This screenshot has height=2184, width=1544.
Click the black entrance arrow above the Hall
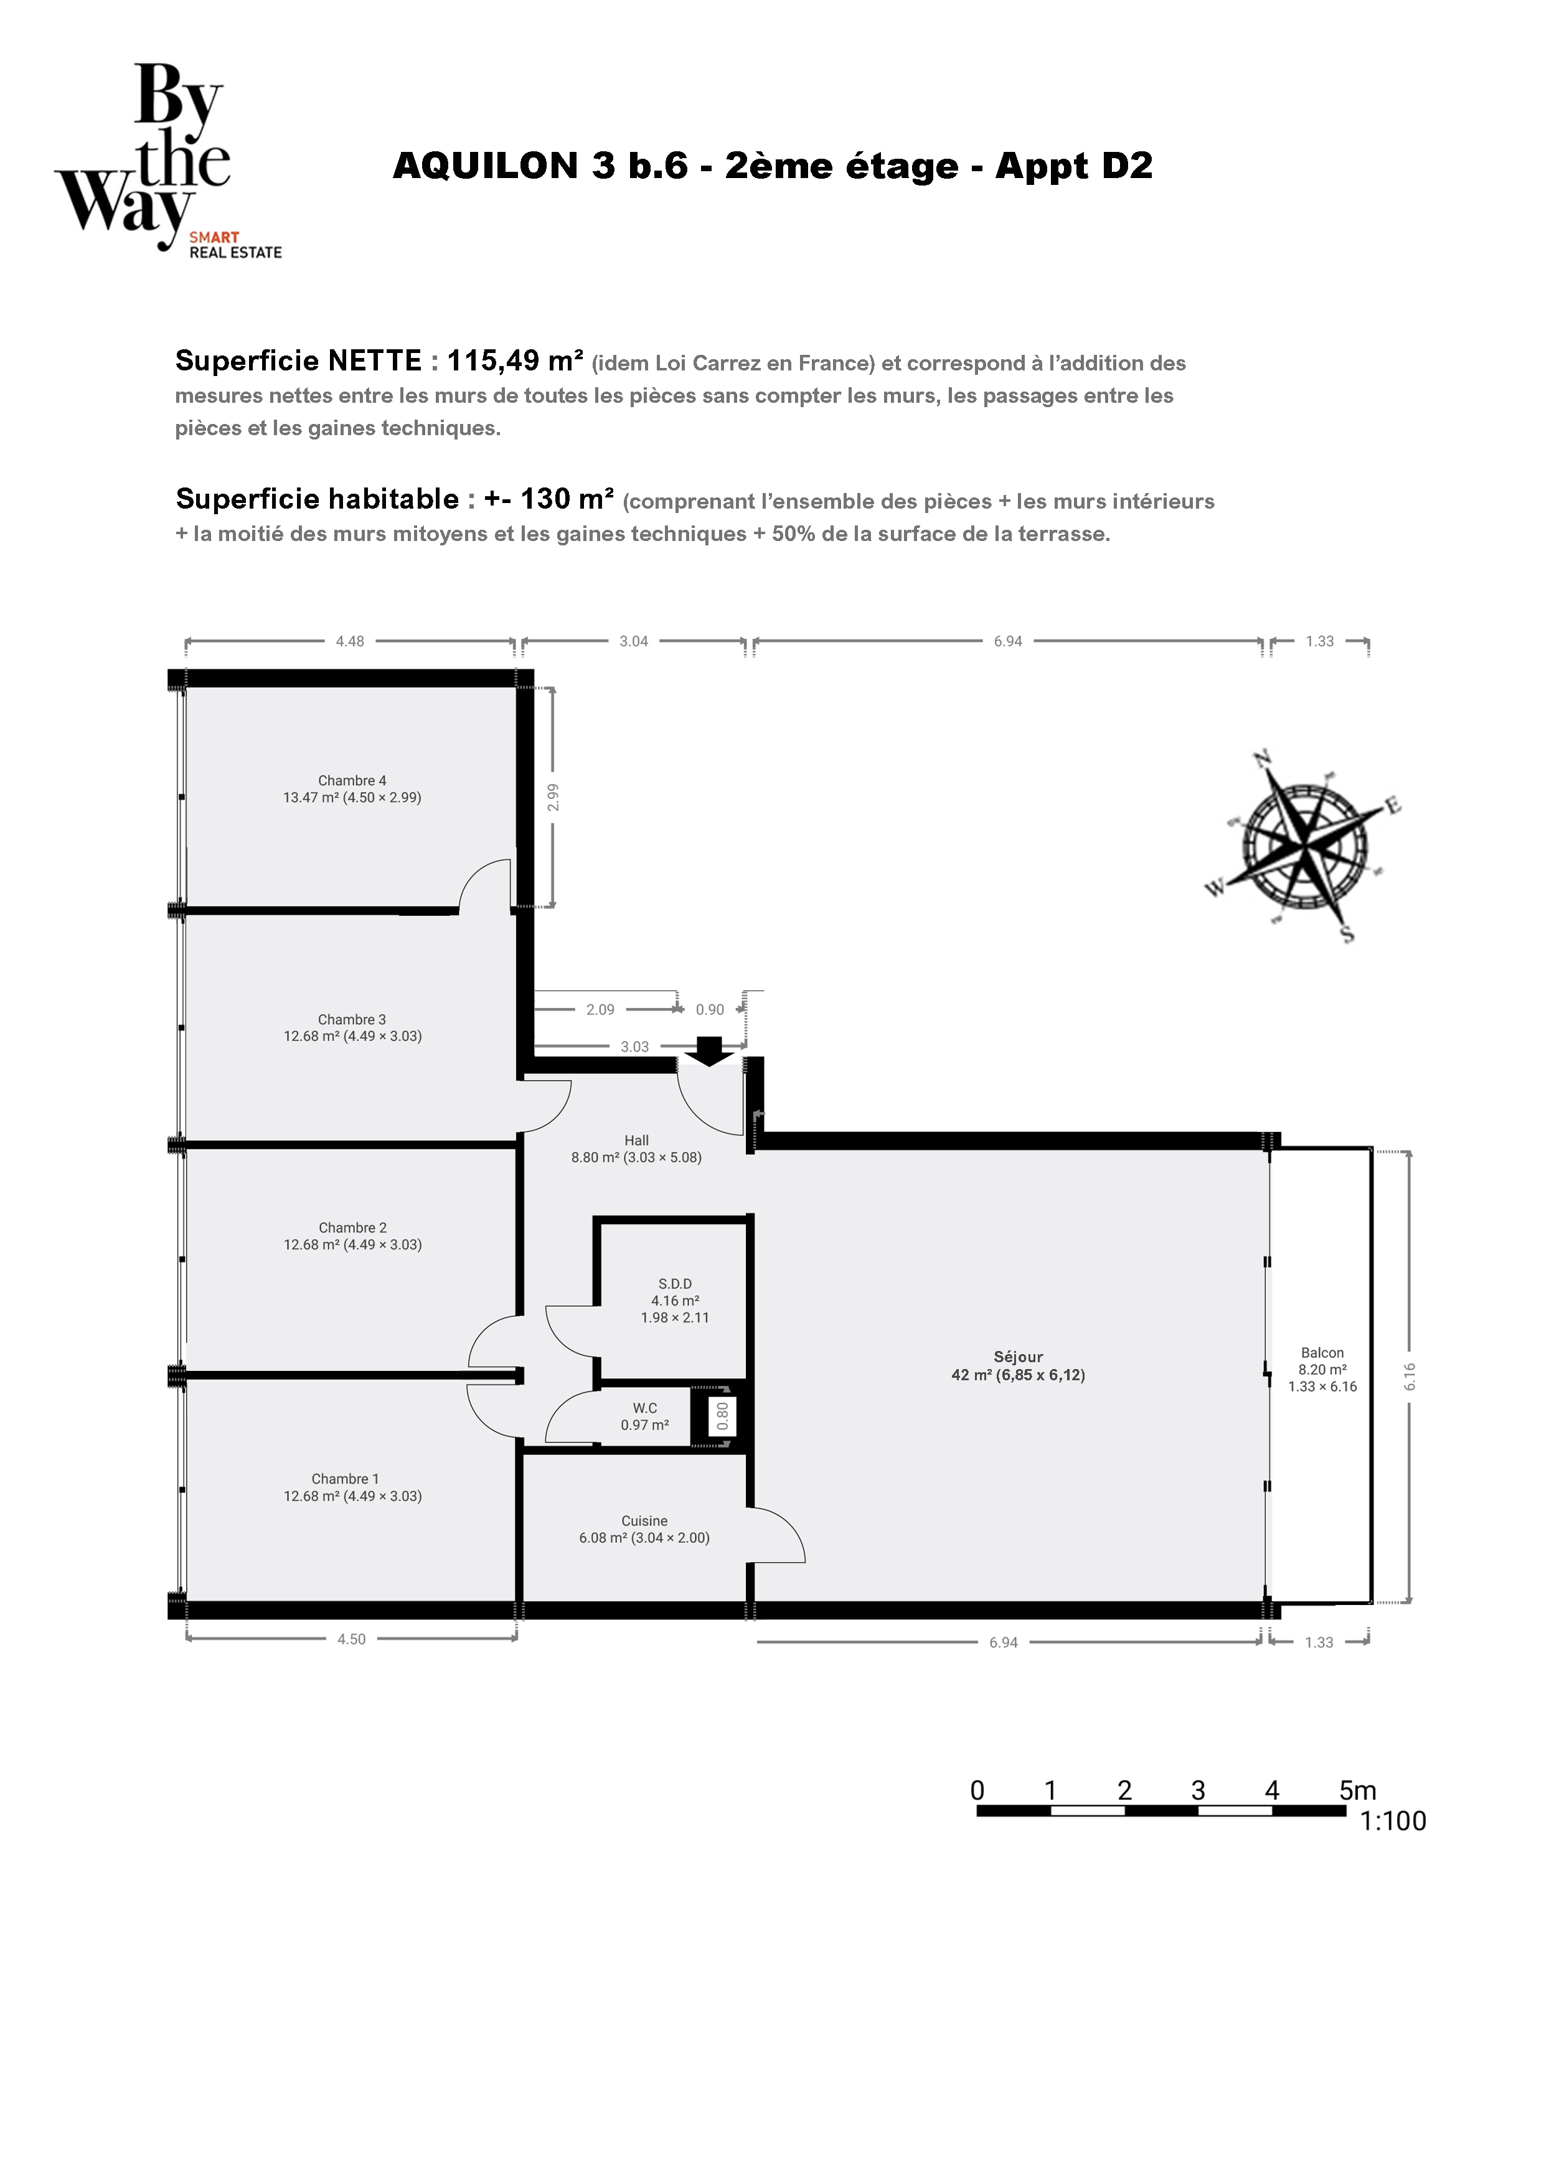coord(710,1051)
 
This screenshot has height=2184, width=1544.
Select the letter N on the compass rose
coord(1263,759)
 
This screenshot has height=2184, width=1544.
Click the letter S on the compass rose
coord(1347,934)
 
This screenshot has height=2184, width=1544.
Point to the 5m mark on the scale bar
coord(1358,1790)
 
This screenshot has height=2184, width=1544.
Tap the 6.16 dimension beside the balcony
coord(1410,1377)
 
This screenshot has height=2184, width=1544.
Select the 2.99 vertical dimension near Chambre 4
coord(553,797)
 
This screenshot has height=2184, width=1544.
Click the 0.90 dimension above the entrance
coord(710,1009)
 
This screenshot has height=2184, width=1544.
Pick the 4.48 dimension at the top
coord(350,641)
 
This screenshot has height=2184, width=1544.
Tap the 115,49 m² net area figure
coord(515,360)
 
